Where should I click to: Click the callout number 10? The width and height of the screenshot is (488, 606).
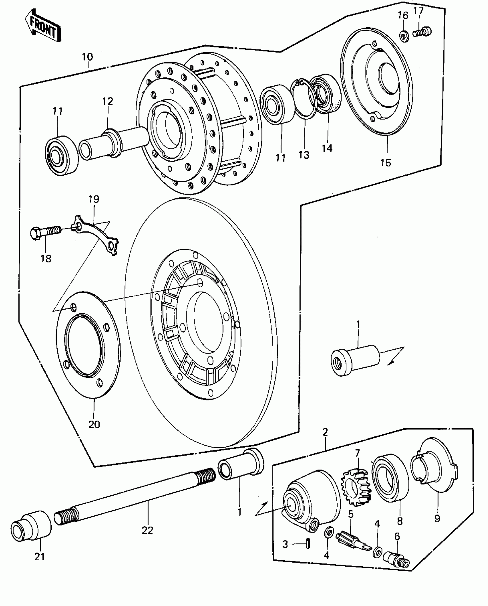[x=87, y=57]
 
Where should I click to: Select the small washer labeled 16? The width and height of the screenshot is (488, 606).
[x=404, y=36]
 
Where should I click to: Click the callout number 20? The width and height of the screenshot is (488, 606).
[x=94, y=424]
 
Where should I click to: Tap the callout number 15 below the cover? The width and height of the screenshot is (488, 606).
[x=386, y=163]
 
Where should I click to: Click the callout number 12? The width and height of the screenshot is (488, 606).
[x=108, y=101]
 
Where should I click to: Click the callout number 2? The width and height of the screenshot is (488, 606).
[x=325, y=440]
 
